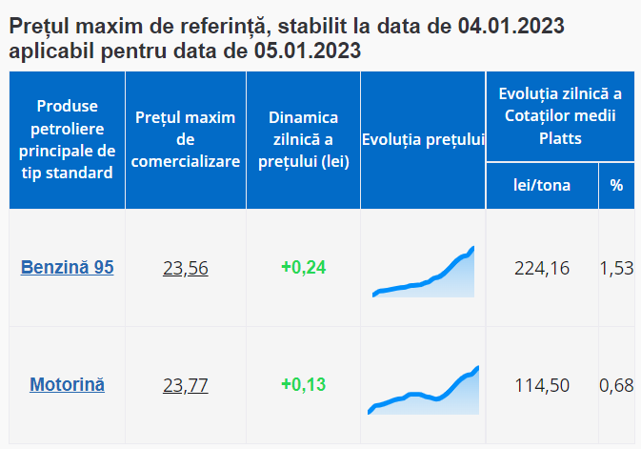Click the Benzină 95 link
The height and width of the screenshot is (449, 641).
(x=67, y=267)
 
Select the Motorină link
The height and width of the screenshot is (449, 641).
(x=67, y=385)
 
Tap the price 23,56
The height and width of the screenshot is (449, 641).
(x=186, y=269)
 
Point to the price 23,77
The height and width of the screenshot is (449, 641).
(x=186, y=385)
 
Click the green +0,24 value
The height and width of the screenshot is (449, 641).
(x=303, y=267)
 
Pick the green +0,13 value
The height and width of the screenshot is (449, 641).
(x=303, y=384)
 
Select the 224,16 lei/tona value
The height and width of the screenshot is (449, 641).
(x=542, y=269)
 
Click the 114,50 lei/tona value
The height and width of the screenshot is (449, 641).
(x=542, y=385)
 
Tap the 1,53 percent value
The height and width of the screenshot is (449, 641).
(x=616, y=269)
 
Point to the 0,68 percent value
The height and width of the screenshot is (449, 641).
(x=616, y=385)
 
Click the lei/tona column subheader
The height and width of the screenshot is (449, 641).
(x=542, y=185)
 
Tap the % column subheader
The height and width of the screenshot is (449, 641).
(x=616, y=185)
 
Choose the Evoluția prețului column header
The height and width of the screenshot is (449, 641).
(x=423, y=140)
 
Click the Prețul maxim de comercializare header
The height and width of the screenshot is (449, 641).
(x=186, y=139)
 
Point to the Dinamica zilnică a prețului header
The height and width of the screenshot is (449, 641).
(x=303, y=139)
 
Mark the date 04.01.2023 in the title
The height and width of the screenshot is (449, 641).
(x=511, y=26)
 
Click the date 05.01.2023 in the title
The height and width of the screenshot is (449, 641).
(x=308, y=51)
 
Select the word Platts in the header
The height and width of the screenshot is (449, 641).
(x=560, y=138)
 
